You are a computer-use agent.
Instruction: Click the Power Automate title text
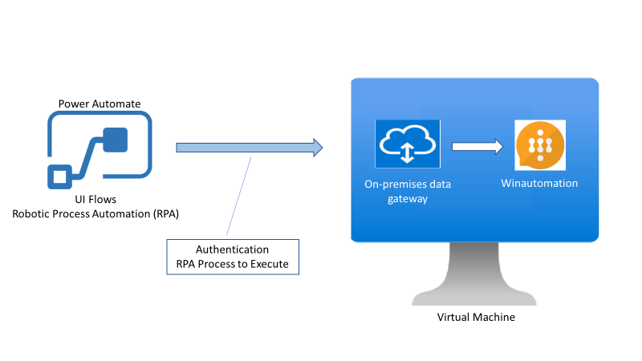pyautogui.click(x=100, y=103)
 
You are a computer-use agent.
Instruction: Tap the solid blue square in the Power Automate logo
pyautogui.click(x=116, y=139)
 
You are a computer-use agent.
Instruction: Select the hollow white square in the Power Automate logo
pyautogui.click(x=59, y=176)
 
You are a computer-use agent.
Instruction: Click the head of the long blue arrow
pyautogui.click(x=318, y=147)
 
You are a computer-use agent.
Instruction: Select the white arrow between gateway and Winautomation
pyautogui.click(x=477, y=147)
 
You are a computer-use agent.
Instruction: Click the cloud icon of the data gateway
pyautogui.click(x=408, y=144)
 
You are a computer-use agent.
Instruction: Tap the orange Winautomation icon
pyautogui.click(x=540, y=145)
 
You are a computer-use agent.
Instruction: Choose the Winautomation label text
pyautogui.click(x=539, y=184)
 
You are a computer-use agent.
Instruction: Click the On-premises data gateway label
pyautogui.click(x=406, y=191)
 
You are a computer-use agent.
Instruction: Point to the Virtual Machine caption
pyautogui.click(x=476, y=317)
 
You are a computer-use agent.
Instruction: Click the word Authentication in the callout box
pyautogui.click(x=233, y=249)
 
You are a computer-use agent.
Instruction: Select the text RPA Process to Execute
pyautogui.click(x=233, y=264)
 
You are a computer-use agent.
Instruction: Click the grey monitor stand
pyautogui.click(x=476, y=277)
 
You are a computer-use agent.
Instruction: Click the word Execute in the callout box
pyautogui.click(x=267, y=264)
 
